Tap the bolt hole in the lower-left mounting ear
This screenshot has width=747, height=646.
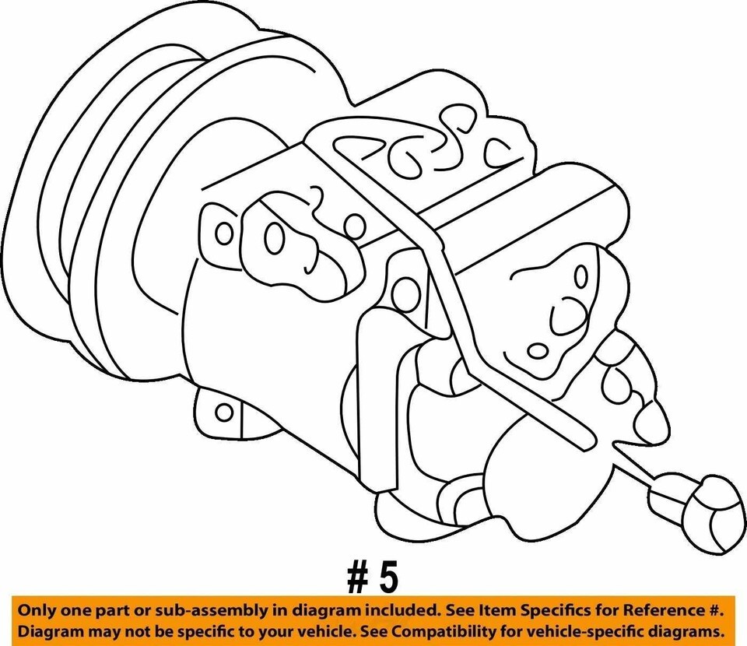pos(224,413)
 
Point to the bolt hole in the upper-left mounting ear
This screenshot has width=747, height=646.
pos(224,234)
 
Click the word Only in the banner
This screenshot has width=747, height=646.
pos(35,610)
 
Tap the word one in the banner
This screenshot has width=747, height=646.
pos(68,611)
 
